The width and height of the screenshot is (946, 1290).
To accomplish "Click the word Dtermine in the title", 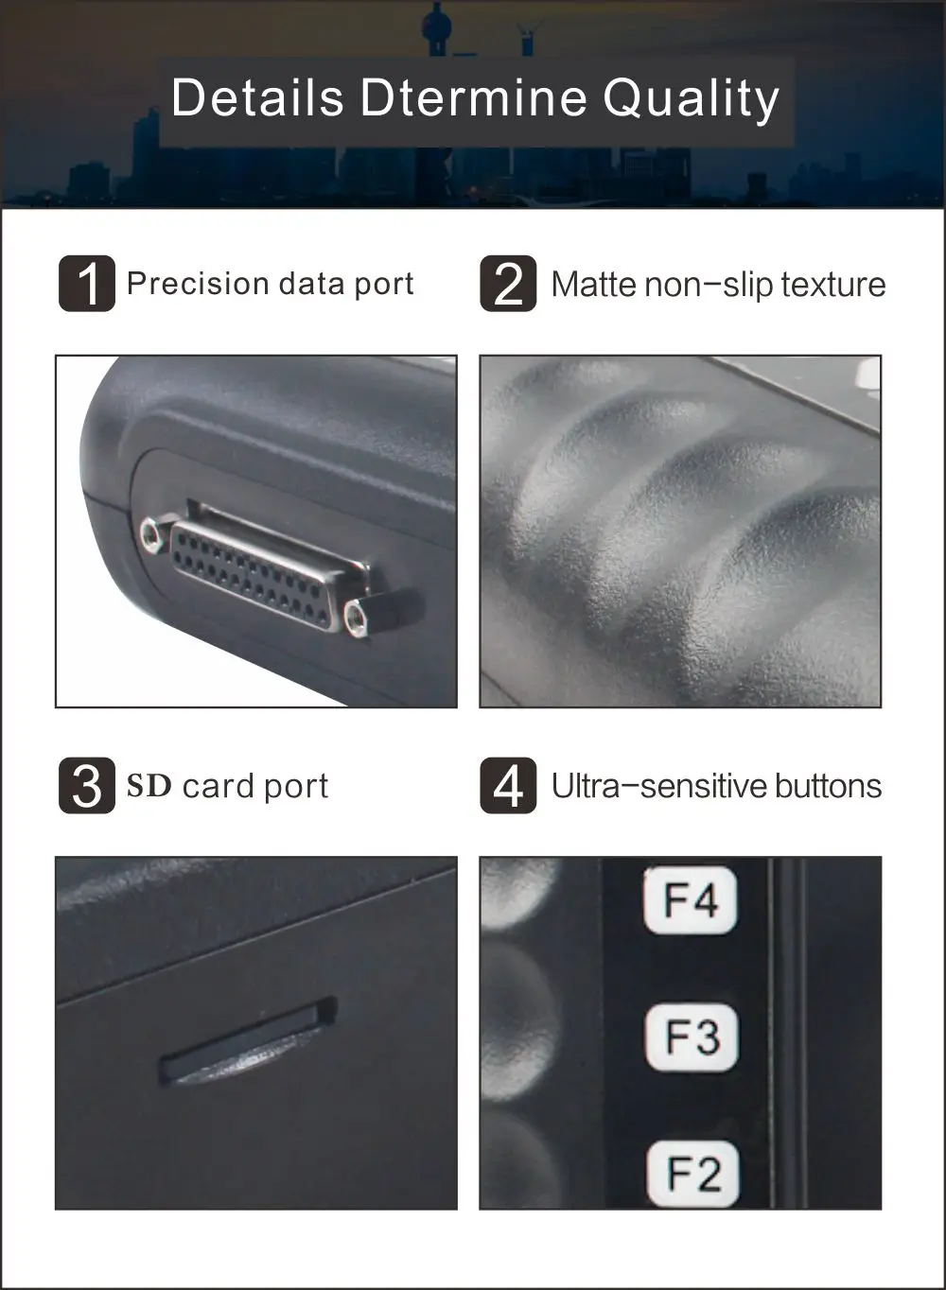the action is tap(474, 97).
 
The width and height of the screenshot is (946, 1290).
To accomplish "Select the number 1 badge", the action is tap(87, 284).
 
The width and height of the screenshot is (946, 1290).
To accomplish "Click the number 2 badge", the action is tap(508, 284).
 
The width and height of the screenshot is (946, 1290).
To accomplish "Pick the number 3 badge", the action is tap(87, 786).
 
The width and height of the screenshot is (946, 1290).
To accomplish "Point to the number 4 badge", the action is tap(508, 786).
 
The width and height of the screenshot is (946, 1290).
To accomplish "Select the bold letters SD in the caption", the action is tap(149, 786).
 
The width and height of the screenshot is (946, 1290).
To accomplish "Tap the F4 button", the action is tap(691, 900).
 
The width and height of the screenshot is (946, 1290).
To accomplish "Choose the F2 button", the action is tap(693, 1173).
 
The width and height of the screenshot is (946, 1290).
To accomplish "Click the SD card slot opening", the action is tap(248, 1040).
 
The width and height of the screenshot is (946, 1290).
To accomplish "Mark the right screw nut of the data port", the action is tap(355, 618).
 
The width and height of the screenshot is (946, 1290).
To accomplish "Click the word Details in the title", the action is tap(257, 97).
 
